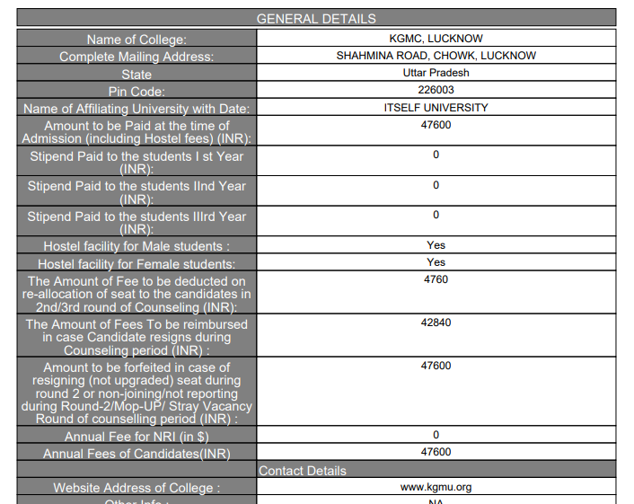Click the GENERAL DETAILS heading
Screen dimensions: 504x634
[316, 18]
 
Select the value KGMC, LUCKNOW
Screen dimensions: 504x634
[436, 39]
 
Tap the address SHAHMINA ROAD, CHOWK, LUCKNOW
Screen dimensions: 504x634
[436, 56]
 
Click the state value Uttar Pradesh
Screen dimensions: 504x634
[436, 73]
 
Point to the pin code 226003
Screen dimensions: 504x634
[436, 90]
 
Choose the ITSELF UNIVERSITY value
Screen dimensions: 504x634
[436, 108]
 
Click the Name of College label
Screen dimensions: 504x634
[136, 40]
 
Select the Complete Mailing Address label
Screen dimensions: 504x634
[136, 57]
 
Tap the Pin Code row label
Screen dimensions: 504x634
[136, 92]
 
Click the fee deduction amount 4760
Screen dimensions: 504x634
[436, 279]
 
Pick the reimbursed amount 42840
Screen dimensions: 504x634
[436, 323]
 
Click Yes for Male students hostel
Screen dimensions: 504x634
[436, 244]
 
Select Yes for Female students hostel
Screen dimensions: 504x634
[436, 262]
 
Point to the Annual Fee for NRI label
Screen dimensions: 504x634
[136, 437]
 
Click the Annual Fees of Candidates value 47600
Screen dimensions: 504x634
[436, 452]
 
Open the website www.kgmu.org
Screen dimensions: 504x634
[436, 487]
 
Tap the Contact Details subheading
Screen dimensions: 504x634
[303, 471]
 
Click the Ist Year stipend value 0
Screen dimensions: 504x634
[436, 155]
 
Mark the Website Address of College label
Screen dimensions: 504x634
[136, 488]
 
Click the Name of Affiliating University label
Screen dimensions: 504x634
[136, 109]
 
